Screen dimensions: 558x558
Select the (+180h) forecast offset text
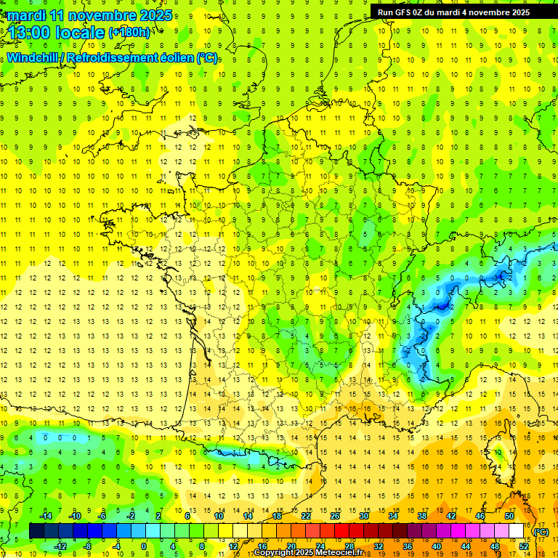(x=129, y=32)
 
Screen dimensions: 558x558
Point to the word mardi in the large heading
(x=28, y=15)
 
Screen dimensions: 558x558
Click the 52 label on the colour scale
(x=524, y=546)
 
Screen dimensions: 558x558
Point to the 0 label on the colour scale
(x=143, y=546)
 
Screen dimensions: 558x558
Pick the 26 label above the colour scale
(x=335, y=515)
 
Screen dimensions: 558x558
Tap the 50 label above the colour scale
(x=509, y=515)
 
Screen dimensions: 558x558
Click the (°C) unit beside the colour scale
(x=541, y=531)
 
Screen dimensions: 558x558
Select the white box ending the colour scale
(x=517, y=530)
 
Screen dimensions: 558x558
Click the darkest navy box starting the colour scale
(x=36, y=530)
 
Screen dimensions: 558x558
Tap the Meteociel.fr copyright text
(x=309, y=553)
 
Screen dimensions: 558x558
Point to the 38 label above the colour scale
(x=422, y=515)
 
